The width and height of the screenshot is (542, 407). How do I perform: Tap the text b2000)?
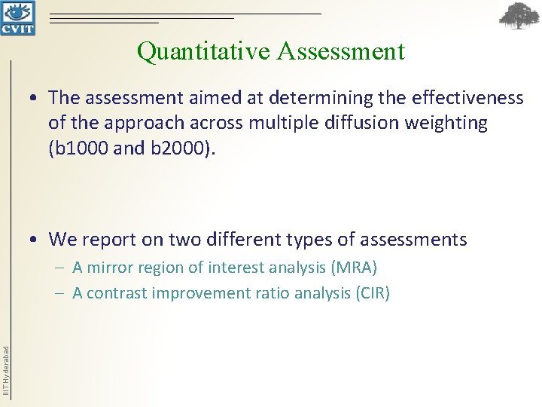[x=182, y=147]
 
